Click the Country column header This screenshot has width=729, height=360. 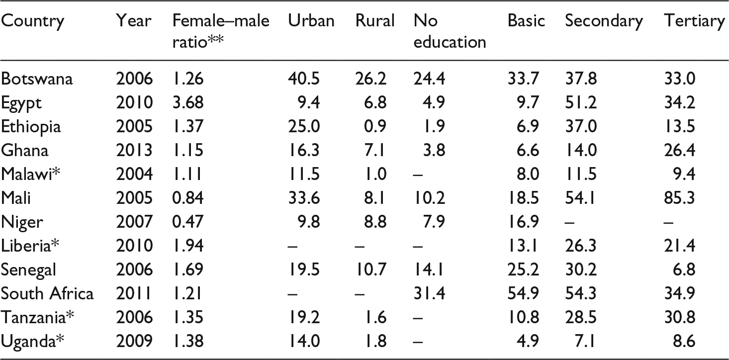pyautogui.click(x=33, y=21)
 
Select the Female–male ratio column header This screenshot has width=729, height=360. pyautogui.click(x=220, y=31)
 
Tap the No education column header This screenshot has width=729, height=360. pyautogui.click(x=449, y=31)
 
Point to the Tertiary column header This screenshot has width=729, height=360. pyautogui.click(x=694, y=21)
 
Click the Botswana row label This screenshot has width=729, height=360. pyautogui.click(x=37, y=79)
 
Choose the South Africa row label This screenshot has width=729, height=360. pyautogui.click(x=47, y=293)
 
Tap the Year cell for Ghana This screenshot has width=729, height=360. pyautogui.click(x=134, y=151)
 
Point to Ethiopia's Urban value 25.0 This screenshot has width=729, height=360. pyautogui.click(x=304, y=127)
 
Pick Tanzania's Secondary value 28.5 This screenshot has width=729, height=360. pyautogui.click(x=581, y=317)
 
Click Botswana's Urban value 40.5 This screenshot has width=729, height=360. pyautogui.click(x=304, y=79)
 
